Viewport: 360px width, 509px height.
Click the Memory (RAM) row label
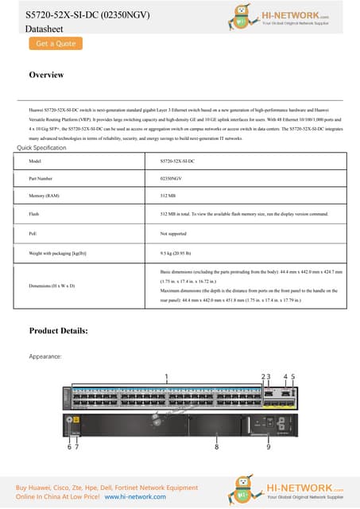coord(45,195)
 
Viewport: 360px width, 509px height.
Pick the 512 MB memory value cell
coord(168,195)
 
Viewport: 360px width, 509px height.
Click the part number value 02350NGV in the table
coord(171,178)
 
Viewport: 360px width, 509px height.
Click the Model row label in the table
coord(35,161)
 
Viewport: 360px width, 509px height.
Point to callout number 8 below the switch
coord(216,448)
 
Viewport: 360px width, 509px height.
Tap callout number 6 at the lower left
coord(68,448)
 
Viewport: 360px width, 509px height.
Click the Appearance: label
coord(45,357)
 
